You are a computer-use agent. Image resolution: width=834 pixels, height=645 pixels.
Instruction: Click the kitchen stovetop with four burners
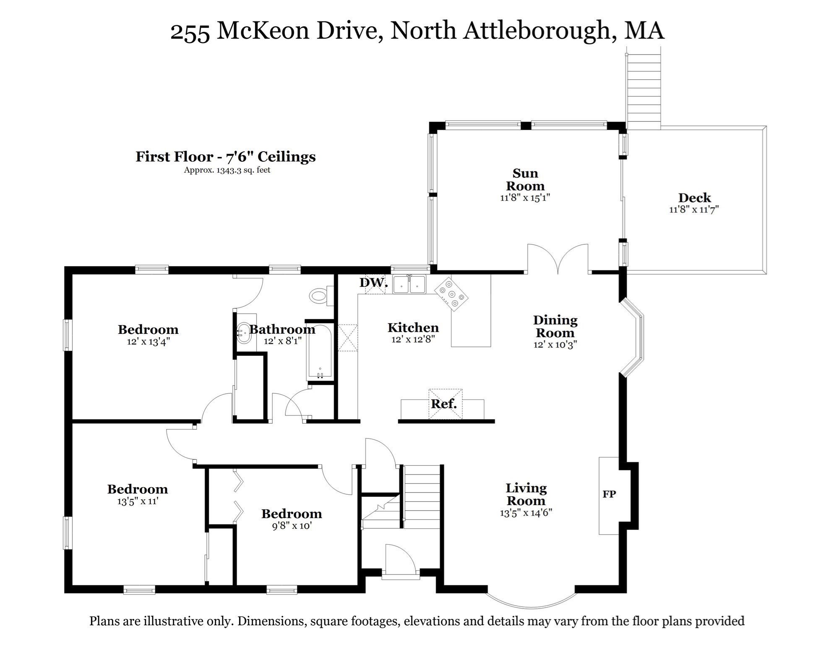pos(451,294)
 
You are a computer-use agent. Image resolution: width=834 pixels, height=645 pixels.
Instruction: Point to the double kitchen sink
pos(409,285)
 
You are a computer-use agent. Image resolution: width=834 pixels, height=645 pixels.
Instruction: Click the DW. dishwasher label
pos(373,283)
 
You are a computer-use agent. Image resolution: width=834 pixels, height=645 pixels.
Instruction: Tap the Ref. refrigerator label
pos(444,404)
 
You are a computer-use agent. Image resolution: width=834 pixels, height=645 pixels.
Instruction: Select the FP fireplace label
pos(609,494)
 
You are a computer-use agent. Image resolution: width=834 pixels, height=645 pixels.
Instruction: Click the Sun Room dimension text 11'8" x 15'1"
pos(525,197)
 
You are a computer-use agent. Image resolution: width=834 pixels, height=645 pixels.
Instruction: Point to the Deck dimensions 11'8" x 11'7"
pos(694,209)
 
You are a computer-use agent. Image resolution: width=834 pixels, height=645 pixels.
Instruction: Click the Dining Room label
pos(555,326)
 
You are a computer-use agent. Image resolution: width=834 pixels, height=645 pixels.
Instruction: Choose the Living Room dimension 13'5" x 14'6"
pos(526,513)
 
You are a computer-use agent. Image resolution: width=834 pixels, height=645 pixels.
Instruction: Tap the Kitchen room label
pos(413,328)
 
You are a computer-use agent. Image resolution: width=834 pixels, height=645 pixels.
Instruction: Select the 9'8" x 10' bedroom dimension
pos(292,526)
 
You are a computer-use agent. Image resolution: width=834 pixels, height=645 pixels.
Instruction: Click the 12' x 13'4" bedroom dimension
pos(148,341)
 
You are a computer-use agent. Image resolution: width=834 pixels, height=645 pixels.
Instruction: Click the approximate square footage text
pos(227,170)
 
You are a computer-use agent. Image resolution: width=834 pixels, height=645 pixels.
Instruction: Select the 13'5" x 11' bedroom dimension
pos(138,501)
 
